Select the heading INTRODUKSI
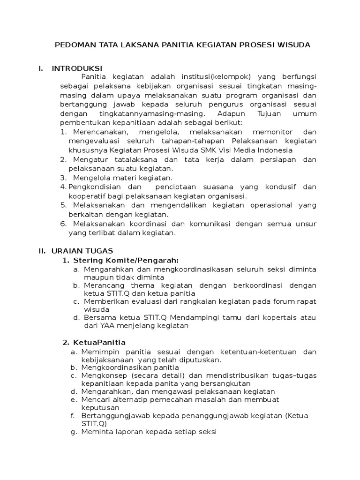77,68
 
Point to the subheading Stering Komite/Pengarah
127,260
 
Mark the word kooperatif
87,196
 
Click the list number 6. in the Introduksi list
64,224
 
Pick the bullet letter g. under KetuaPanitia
74,432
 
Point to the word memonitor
273,132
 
